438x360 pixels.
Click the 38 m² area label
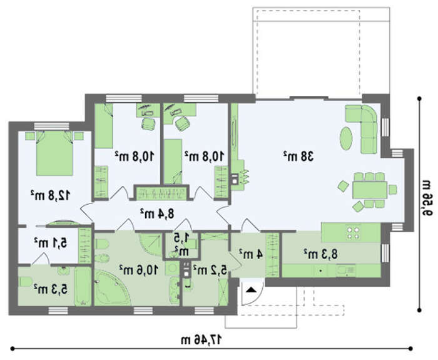(299, 157)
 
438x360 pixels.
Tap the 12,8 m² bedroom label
(50, 195)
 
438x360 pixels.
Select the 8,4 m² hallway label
(157, 213)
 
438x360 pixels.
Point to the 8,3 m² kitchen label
(320, 254)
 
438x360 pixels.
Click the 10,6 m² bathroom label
(139, 269)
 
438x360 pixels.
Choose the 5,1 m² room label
(51, 242)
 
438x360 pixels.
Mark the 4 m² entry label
(251, 254)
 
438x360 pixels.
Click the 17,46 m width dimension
(201, 340)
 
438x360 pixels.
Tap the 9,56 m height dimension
(427, 198)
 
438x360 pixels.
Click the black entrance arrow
(250, 290)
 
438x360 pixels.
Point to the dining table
(370, 190)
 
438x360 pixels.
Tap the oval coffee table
(346, 138)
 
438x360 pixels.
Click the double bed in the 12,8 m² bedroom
(55, 153)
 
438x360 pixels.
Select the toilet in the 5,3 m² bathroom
(25, 282)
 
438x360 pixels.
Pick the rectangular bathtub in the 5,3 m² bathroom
(83, 287)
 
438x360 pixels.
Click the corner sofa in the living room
(365, 126)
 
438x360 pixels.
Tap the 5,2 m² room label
(210, 269)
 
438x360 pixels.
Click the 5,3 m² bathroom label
(51, 289)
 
